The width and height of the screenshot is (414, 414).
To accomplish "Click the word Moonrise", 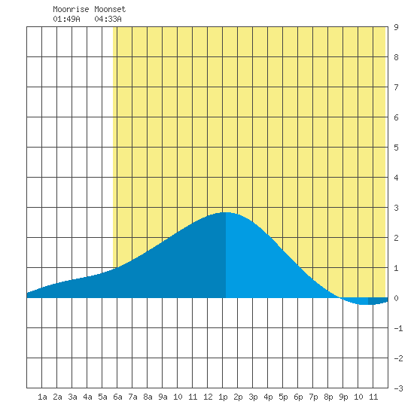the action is pos(71,10).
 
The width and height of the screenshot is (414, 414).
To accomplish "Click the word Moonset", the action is pos(110,10).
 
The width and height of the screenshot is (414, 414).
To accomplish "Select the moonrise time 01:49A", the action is pos(66,19).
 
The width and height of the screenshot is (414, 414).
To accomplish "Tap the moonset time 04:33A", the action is pos(108,19).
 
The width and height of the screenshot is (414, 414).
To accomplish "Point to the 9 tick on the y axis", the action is pos(396,27).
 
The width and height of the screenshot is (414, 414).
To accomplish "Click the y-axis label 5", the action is pos(396,148).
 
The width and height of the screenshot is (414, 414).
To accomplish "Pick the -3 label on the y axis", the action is pos(398,388).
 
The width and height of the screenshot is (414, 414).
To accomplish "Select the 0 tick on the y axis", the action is pos(396,298).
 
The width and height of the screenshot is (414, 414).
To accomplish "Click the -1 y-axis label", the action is pos(398,328).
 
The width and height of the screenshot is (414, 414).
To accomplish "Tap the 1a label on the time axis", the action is pos(42,397).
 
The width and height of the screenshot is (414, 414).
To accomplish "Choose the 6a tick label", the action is pos(117,397).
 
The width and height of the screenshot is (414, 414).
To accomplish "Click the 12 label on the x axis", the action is pos(208,397).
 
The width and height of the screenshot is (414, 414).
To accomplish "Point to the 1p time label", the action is pos(223,397).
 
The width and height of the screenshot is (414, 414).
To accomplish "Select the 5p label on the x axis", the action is pos(283,397).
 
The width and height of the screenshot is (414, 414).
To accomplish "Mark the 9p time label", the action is pos(343,397).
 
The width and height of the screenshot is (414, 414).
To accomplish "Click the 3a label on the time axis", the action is pos(72,397).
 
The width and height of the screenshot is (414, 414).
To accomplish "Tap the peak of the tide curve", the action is pos(226,212).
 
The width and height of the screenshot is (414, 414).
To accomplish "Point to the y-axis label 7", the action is pos(396,87).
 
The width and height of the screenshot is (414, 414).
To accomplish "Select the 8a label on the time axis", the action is pos(148,397).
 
